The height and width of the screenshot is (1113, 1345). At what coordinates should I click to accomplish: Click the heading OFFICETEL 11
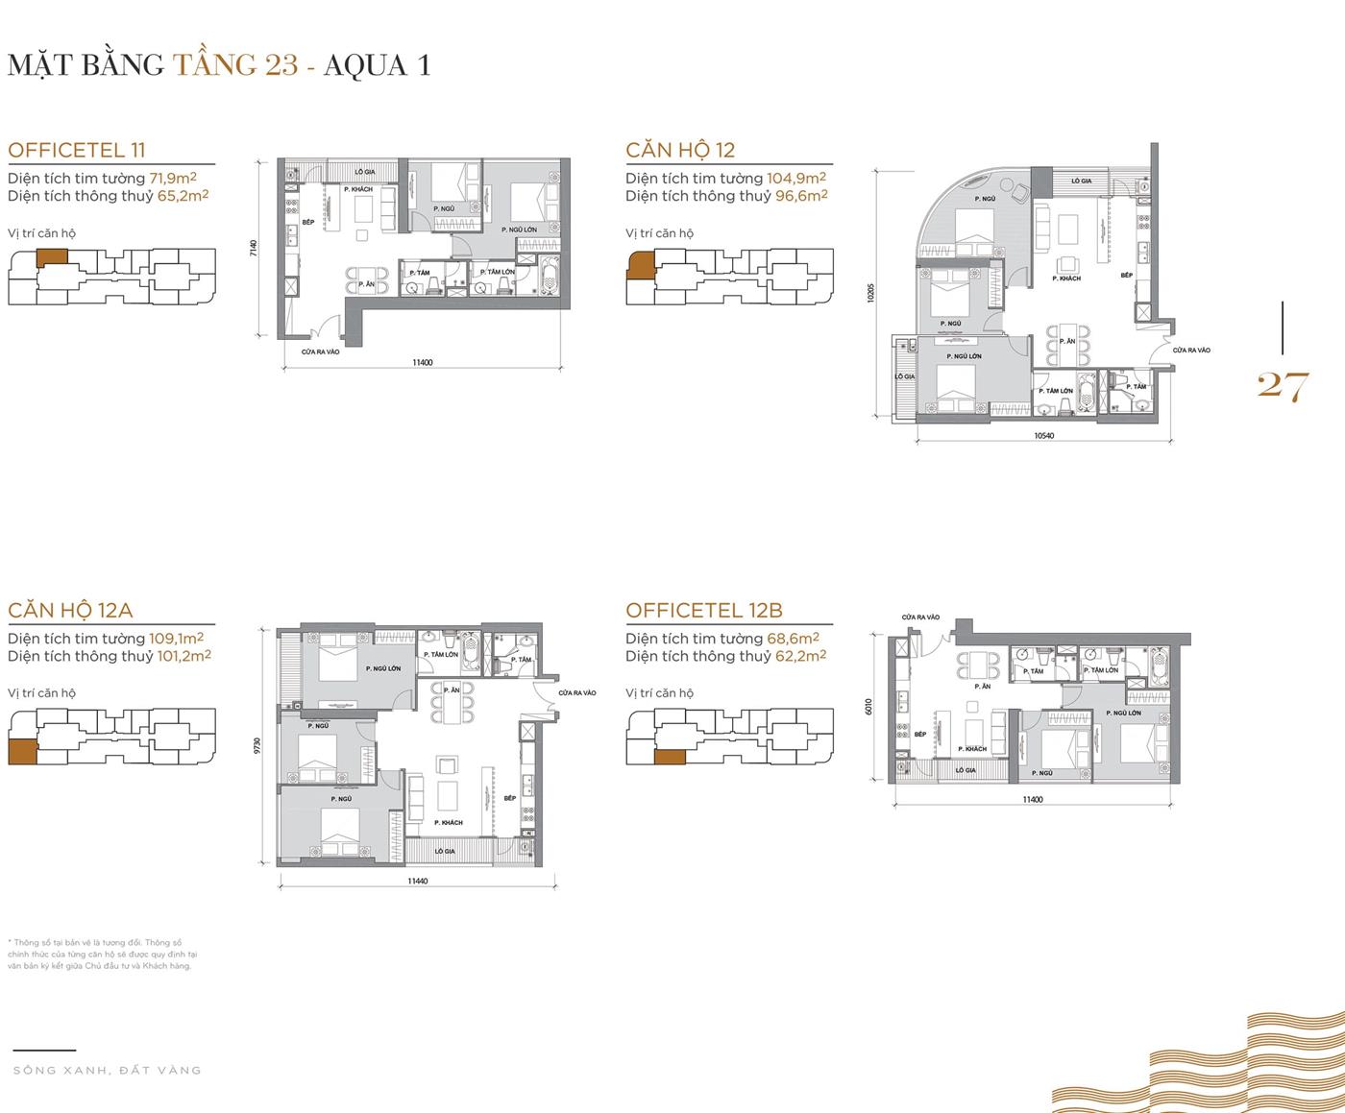pyautogui.click(x=77, y=150)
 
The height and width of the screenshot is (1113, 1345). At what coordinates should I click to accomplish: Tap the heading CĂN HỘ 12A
pyautogui.click(x=70, y=610)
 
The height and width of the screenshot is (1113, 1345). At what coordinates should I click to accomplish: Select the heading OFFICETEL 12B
pyautogui.click(x=704, y=610)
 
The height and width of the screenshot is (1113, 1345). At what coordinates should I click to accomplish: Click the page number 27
pyautogui.click(x=1283, y=386)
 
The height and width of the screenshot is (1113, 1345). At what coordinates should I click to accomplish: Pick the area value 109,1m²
pyautogui.click(x=176, y=638)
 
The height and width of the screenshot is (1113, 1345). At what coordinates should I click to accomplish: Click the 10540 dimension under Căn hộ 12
pyautogui.click(x=1044, y=436)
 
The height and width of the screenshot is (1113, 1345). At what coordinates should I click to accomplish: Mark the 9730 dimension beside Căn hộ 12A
pyautogui.click(x=257, y=745)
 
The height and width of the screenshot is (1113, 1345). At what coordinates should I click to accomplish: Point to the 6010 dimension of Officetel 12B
pyautogui.click(x=869, y=707)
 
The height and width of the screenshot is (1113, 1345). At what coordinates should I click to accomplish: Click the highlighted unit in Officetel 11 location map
pyautogui.click(x=53, y=256)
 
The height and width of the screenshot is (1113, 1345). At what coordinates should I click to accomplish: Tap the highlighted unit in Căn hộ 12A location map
pyautogui.click(x=22, y=752)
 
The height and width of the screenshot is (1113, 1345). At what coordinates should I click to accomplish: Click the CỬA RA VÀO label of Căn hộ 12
pyautogui.click(x=1191, y=351)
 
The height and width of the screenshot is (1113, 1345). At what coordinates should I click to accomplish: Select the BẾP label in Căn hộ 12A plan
pyautogui.click(x=510, y=798)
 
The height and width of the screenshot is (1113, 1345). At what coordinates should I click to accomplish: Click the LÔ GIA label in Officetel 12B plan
pyautogui.click(x=966, y=770)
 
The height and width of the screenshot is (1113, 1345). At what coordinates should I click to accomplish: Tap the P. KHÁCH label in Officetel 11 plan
pyautogui.click(x=358, y=190)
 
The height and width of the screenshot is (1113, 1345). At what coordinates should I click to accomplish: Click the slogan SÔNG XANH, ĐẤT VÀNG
pyautogui.click(x=108, y=1070)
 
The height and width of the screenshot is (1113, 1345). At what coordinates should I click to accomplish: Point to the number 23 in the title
pyautogui.click(x=280, y=64)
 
